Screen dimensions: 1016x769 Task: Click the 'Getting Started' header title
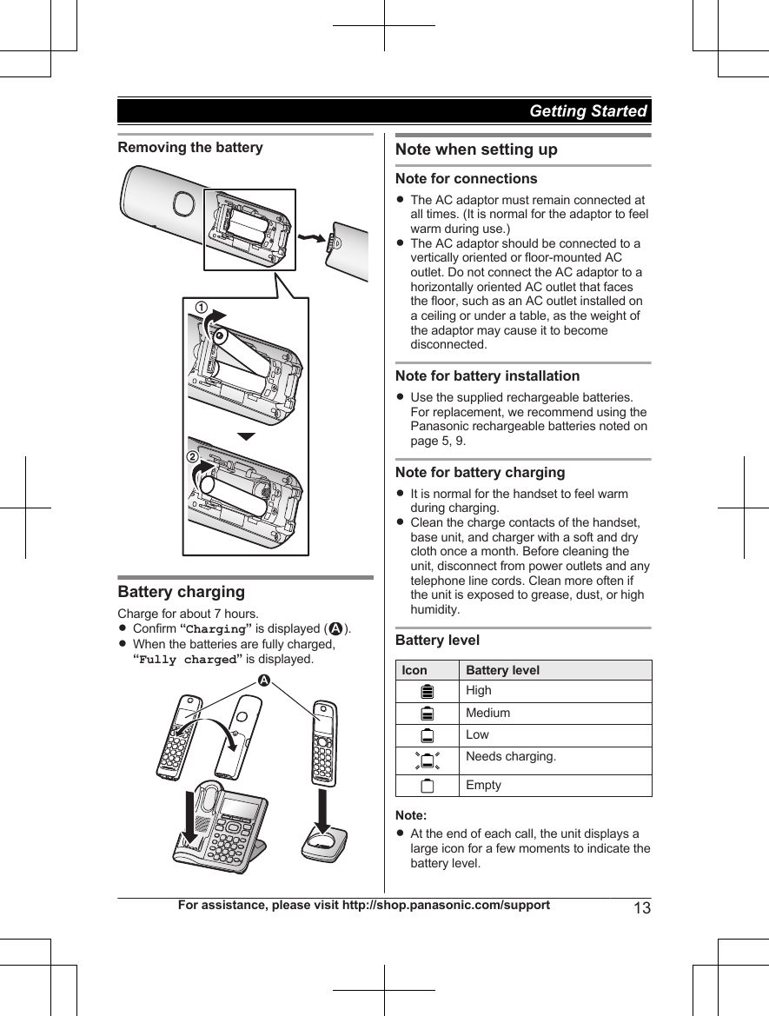[x=587, y=111]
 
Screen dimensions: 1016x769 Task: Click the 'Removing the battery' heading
[x=190, y=147]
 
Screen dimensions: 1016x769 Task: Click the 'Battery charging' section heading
[x=181, y=592]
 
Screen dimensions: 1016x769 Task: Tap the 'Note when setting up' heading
[x=476, y=149]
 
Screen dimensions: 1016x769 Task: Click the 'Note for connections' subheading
[x=466, y=178]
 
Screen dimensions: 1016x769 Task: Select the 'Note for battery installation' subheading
[x=487, y=375]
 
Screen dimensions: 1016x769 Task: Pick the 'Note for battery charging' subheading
[x=480, y=472]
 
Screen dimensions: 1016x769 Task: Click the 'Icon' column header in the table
[x=414, y=670]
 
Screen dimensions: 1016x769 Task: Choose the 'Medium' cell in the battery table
[x=488, y=713]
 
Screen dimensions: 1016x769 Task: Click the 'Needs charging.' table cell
[x=511, y=756]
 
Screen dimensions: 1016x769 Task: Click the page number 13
[x=642, y=908]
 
